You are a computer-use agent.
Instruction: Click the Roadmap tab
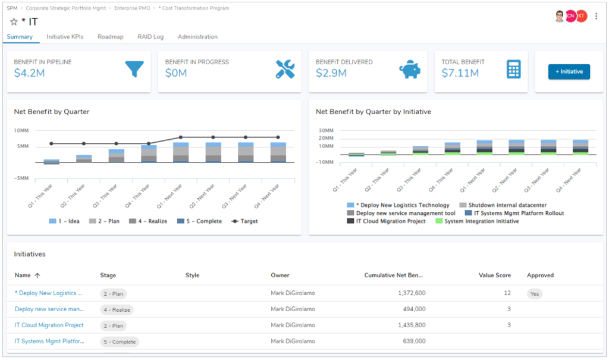pyautogui.click(x=110, y=37)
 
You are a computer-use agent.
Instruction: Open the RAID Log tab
pyautogui.click(x=150, y=37)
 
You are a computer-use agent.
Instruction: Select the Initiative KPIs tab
pyautogui.click(x=65, y=37)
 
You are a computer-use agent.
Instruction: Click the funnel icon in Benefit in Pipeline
pyautogui.click(x=134, y=70)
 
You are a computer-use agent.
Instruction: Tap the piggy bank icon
pyautogui.click(x=409, y=70)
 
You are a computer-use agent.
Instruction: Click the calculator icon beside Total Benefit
pyautogui.click(x=513, y=70)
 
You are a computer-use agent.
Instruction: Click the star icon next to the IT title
pyautogui.click(x=14, y=22)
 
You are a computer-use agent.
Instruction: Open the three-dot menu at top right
pyautogui.click(x=597, y=16)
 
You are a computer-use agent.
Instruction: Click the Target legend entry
pyautogui.click(x=245, y=221)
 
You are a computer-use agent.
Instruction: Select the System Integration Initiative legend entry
pyautogui.click(x=478, y=221)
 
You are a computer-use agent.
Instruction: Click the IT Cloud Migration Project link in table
pyautogui.click(x=49, y=325)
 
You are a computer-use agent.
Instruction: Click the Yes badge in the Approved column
pyautogui.click(x=534, y=293)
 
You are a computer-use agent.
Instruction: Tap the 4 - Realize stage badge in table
pyautogui.click(x=117, y=309)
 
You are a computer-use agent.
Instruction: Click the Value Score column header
pyautogui.click(x=495, y=276)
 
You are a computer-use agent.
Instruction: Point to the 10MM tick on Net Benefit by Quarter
pyautogui.click(x=21, y=130)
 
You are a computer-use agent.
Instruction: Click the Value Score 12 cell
pyautogui.click(x=507, y=293)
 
